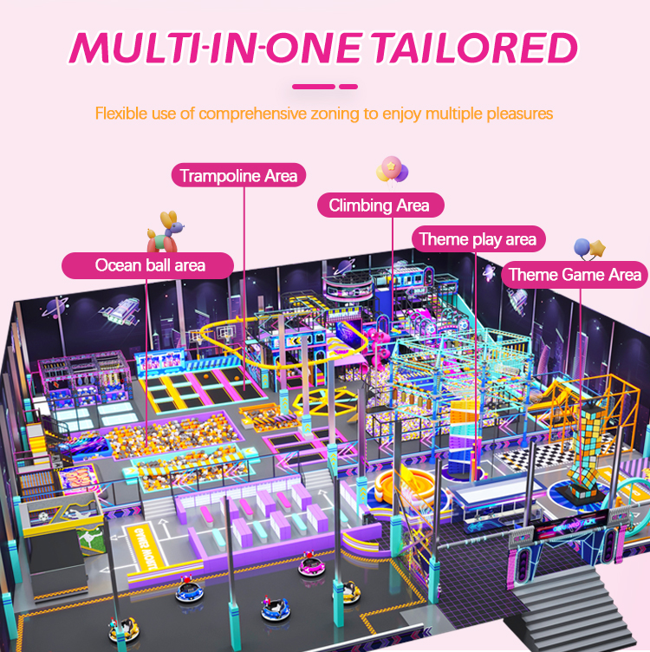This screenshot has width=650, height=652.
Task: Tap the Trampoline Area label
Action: pos(238,176)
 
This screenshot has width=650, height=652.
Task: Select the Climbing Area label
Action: pos(379,205)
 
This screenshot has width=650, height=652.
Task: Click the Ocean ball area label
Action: pos(150,264)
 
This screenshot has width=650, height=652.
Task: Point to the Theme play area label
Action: pos(477,239)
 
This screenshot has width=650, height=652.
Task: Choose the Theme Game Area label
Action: pos(575,275)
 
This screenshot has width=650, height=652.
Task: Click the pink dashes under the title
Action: pos(324,86)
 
